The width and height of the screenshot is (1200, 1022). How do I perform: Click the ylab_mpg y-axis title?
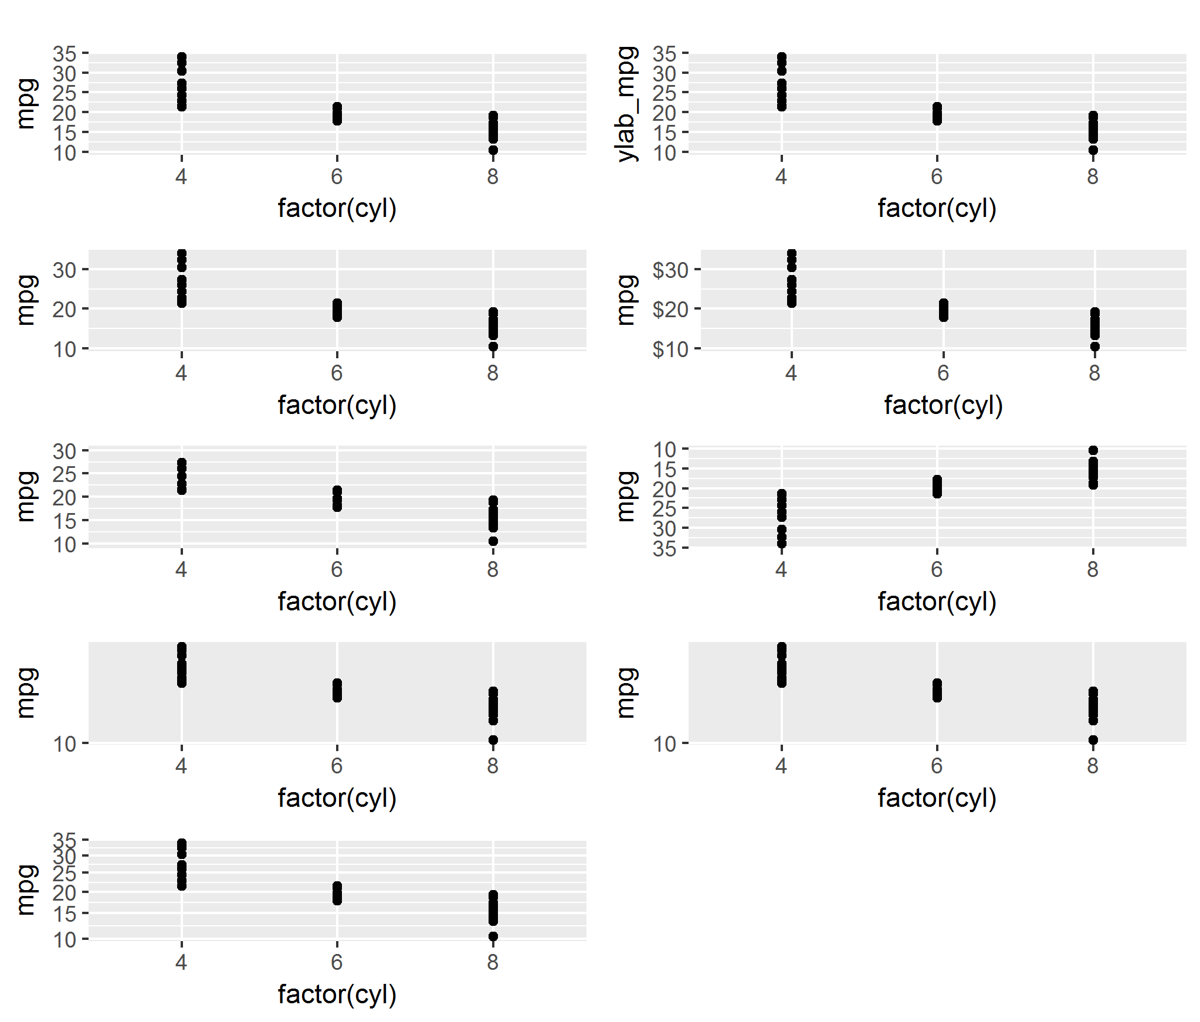[628, 103]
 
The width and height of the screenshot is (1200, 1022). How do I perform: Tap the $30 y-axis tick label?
[670, 270]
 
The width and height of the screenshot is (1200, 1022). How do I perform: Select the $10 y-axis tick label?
[670, 349]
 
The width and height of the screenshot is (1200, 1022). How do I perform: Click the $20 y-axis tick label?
[670, 310]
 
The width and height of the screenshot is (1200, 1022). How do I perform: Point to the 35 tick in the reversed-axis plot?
[665, 549]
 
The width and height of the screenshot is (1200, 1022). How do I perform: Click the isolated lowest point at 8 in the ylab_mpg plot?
[1093, 150]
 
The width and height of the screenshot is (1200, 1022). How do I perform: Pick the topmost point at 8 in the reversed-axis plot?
[1093, 450]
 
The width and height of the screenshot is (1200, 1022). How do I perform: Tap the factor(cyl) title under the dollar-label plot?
[943, 405]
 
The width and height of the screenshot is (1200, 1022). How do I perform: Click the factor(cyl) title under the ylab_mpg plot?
[937, 209]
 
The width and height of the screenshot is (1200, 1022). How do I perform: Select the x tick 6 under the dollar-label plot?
[943, 373]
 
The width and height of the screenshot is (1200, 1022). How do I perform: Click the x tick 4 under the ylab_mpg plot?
[781, 176]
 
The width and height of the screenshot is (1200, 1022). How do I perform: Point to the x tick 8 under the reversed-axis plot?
[1093, 569]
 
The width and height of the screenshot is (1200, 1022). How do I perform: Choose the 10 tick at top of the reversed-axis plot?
[665, 450]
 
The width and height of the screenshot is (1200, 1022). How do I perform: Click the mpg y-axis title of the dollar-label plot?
[627, 300]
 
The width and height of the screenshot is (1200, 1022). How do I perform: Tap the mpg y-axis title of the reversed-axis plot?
[627, 496]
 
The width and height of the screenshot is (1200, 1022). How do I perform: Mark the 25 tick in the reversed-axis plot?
[665, 509]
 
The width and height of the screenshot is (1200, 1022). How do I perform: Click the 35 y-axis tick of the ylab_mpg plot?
[665, 54]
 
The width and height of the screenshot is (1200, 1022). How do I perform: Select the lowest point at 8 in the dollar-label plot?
[1095, 347]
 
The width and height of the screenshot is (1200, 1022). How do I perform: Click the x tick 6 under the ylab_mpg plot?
[937, 176]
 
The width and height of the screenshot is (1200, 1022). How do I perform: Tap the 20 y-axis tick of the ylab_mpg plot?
[665, 113]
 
